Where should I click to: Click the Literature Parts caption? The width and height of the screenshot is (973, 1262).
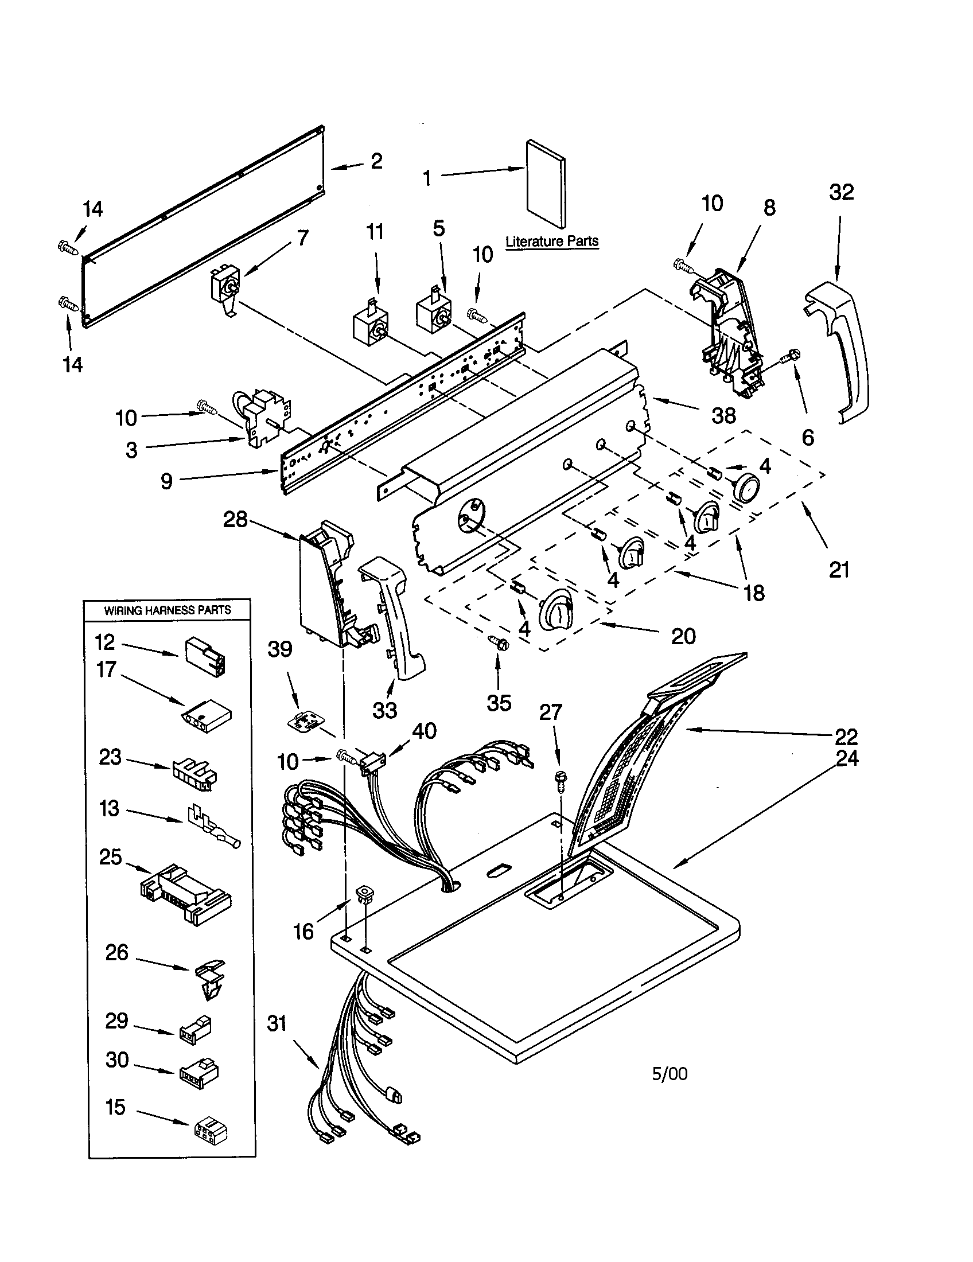click(x=552, y=242)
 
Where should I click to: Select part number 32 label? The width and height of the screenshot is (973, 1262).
click(x=840, y=192)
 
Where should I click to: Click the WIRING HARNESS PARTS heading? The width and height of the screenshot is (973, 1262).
click(x=168, y=610)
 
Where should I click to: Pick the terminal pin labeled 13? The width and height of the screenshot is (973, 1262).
click(x=213, y=827)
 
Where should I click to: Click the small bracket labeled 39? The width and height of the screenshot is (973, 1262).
click(x=305, y=721)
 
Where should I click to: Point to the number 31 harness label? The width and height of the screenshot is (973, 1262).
click(x=277, y=1023)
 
